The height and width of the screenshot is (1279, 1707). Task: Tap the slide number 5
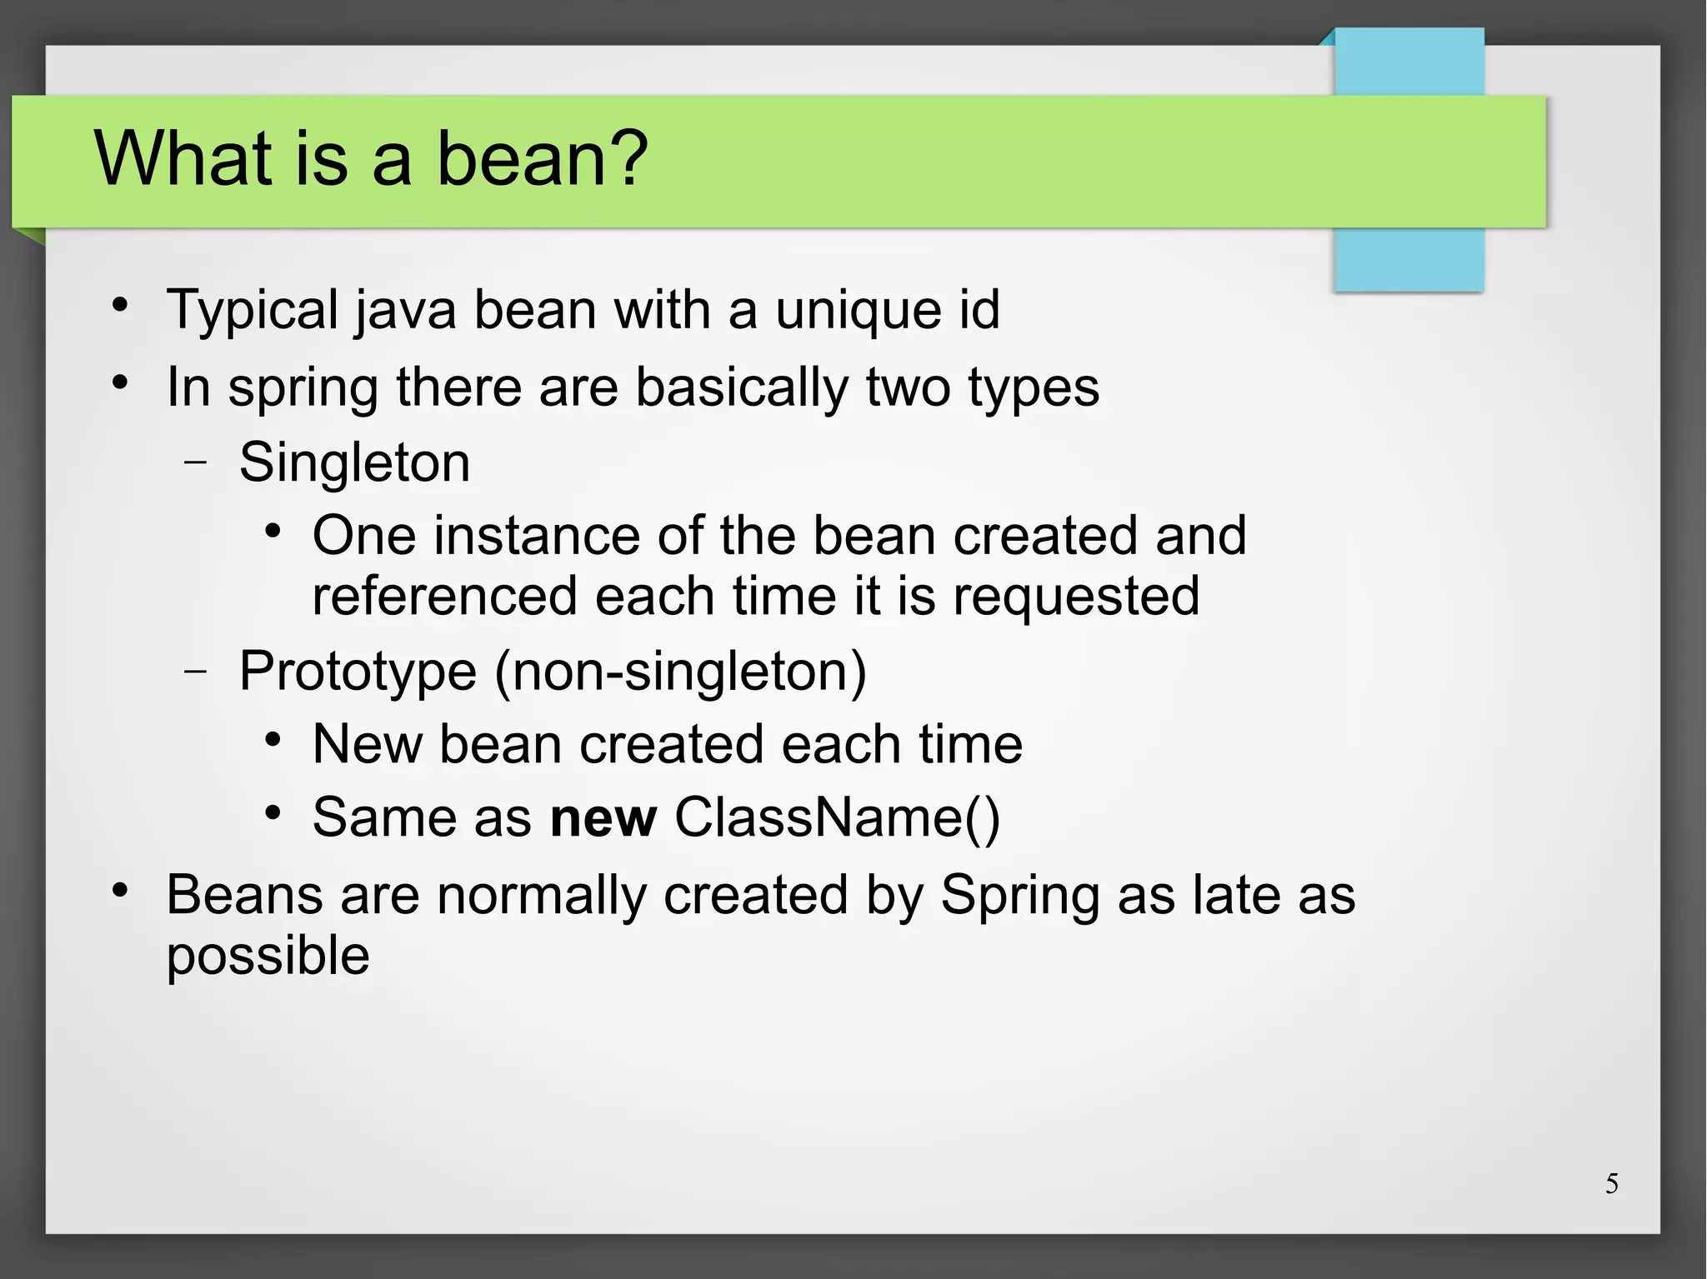(x=1612, y=1183)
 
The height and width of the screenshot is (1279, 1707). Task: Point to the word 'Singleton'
(x=354, y=462)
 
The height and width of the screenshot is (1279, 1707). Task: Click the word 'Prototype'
(x=358, y=672)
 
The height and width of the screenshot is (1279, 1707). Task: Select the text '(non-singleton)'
(x=680, y=672)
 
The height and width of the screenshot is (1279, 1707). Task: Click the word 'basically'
(x=741, y=388)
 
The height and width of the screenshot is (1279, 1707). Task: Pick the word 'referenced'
(x=444, y=597)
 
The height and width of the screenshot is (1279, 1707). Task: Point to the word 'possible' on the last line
(x=268, y=957)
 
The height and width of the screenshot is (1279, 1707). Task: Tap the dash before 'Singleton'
(x=196, y=462)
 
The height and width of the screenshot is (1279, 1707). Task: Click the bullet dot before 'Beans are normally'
(x=121, y=890)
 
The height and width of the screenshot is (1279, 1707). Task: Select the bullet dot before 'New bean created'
(x=273, y=739)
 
